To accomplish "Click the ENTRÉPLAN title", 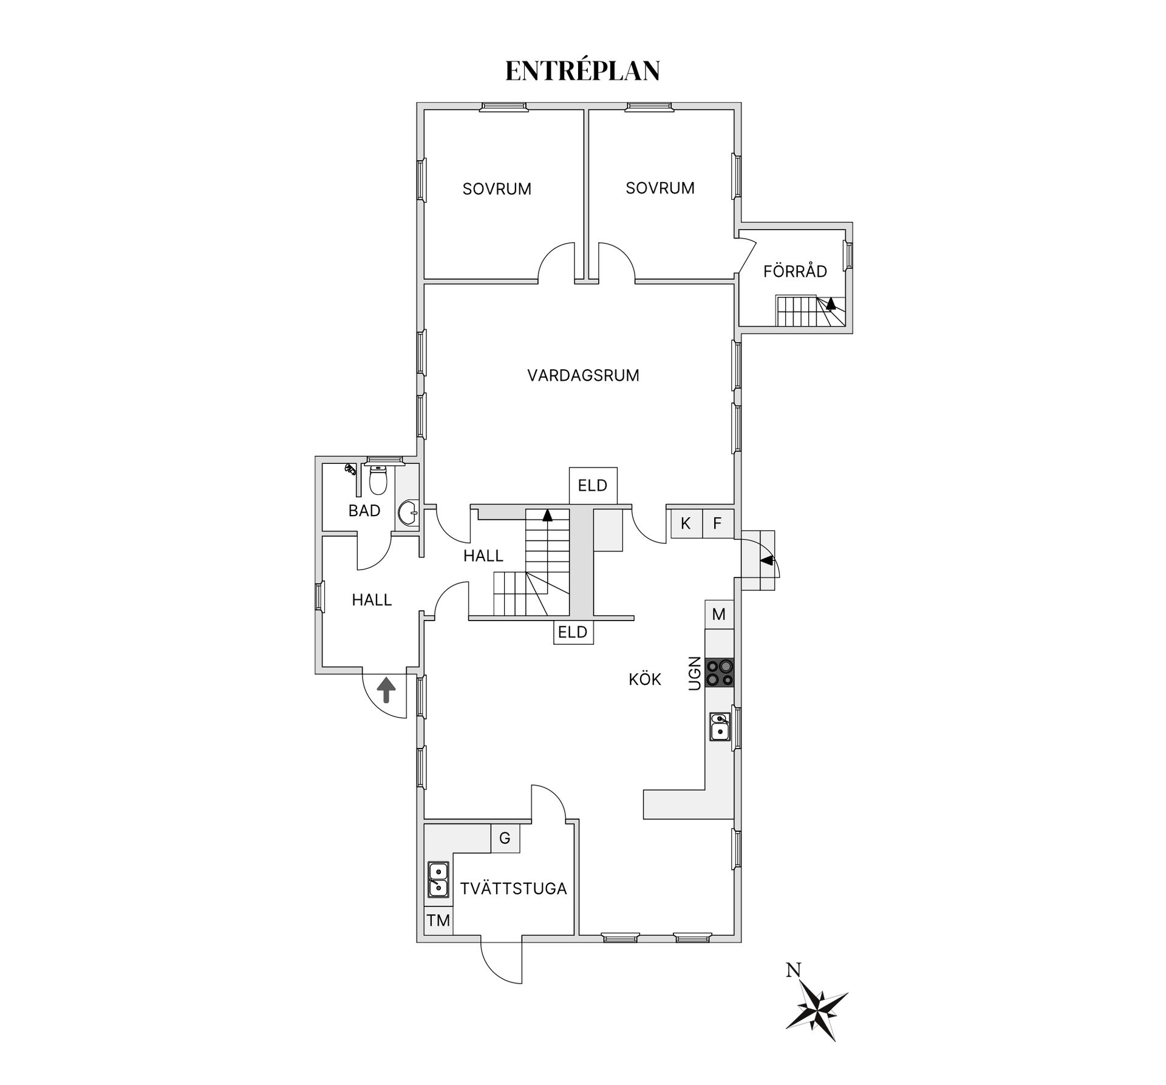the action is (x=582, y=70).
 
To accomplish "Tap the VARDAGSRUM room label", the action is (x=583, y=375).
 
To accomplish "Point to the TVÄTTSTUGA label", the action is (x=513, y=888).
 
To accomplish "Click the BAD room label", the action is (x=364, y=511).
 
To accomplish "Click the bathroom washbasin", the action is (x=409, y=514).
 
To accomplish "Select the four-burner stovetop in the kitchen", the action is (x=720, y=673).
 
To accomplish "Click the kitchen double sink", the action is (x=720, y=727).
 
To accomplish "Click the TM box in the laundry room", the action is (x=438, y=920).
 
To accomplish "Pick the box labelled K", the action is (x=686, y=523).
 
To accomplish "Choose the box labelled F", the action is (x=718, y=523).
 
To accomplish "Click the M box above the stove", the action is (x=719, y=614).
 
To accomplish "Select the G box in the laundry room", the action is (x=505, y=838).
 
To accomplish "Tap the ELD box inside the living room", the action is (x=593, y=486).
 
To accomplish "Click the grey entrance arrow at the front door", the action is (x=386, y=690).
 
